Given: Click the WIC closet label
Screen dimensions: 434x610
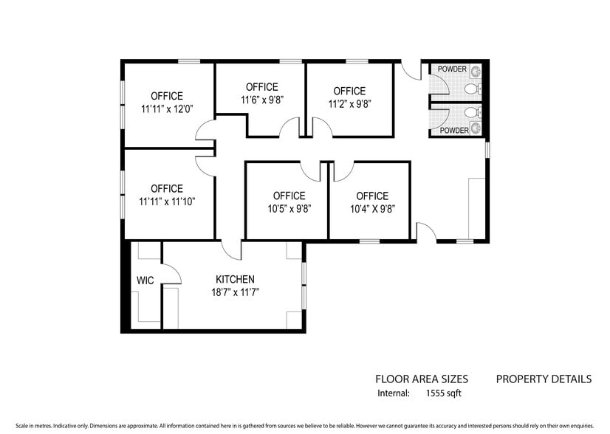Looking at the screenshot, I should coord(144,281).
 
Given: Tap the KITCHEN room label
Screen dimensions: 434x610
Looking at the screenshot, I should coord(235,280).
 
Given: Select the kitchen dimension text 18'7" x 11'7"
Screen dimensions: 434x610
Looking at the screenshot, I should coord(235,292).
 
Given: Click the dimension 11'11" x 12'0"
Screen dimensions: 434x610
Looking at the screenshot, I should coord(166,108).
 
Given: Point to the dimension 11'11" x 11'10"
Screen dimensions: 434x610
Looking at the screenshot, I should coord(166,201).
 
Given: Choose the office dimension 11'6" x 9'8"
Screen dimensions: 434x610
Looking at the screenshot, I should coord(261,100).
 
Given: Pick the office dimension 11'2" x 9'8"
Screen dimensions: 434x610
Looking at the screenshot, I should coord(349,104).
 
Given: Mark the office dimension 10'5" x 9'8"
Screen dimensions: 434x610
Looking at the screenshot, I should coord(289,208).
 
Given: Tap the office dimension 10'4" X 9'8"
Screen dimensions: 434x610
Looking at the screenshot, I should coord(371,208).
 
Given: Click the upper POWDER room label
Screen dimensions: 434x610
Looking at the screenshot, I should coord(452,69).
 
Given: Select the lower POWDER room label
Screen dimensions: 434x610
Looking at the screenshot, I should coord(454,131).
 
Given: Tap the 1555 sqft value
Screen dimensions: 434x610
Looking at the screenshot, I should coord(444,393).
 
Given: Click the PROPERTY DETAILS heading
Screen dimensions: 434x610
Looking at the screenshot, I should coord(543,379).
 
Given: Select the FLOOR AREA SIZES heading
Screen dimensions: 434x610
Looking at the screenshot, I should coord(421,379).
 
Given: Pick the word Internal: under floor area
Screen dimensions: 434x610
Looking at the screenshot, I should coord(393,393).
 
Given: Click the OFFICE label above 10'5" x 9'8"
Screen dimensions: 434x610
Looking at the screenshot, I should coord(289,196).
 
